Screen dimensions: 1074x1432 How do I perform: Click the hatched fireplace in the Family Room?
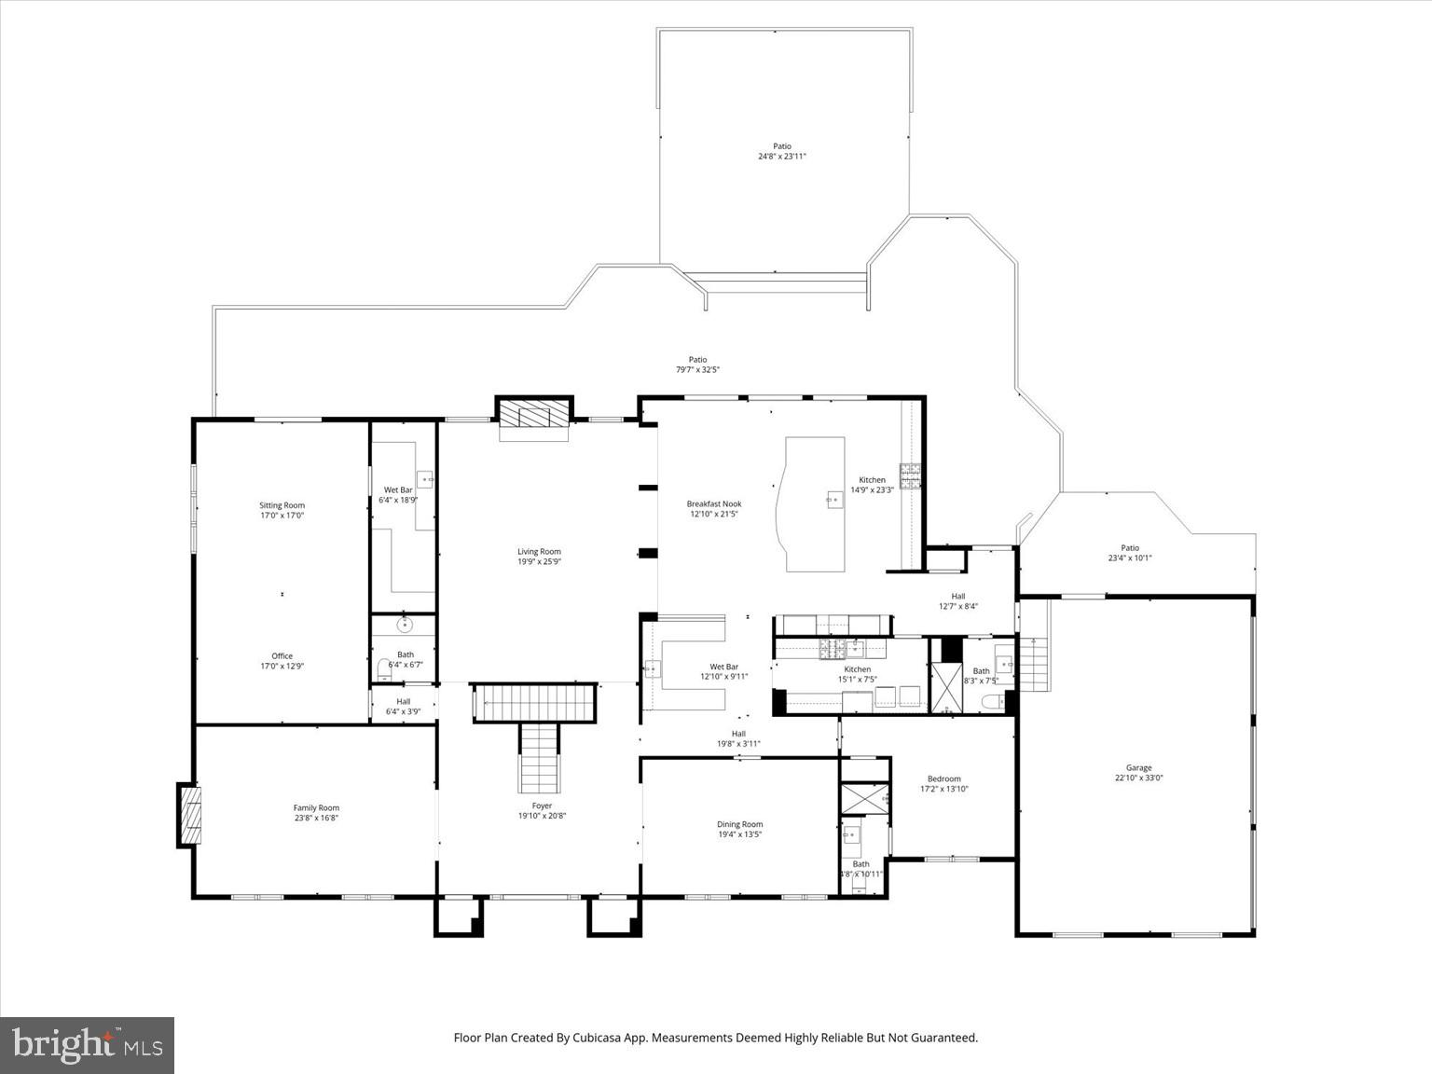[x=190, y=816]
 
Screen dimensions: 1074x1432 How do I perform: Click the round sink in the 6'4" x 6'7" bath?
[x=405, y=625]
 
